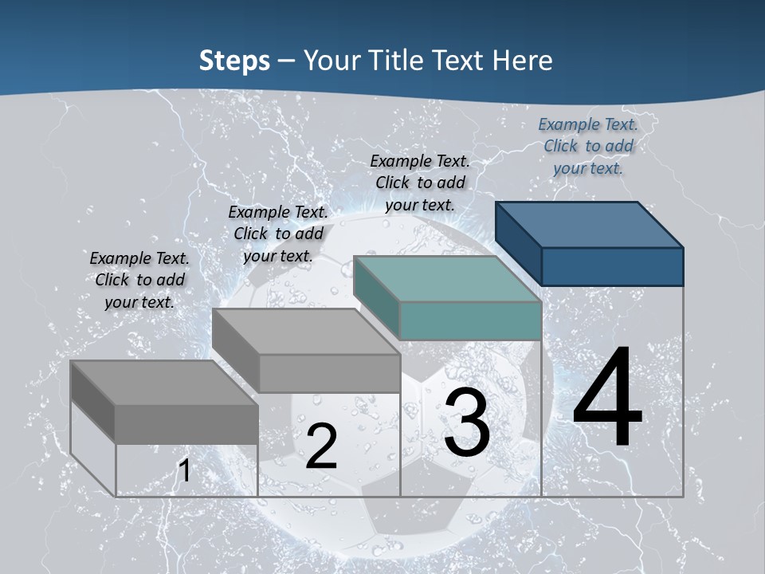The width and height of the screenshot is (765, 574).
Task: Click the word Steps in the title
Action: (233, 60)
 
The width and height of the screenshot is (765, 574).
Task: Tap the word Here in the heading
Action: (520, 60)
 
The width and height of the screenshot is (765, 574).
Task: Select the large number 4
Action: (607, 398)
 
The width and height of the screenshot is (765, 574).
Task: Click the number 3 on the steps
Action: (466, 423)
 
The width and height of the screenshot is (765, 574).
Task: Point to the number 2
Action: (321, 446)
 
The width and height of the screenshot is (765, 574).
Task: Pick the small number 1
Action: (184, 470)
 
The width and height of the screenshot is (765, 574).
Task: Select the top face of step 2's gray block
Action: (306, 332)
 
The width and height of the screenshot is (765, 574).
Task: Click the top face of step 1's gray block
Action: (164, 383)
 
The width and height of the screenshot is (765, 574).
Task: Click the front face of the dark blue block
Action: (612, 266)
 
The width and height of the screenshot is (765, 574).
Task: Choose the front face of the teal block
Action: (470, 321)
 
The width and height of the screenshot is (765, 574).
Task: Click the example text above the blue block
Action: (588, 146)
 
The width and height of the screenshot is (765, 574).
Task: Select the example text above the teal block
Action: (420, 183)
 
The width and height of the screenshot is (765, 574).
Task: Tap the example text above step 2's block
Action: (278, 234)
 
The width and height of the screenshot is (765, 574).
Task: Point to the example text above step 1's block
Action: (139, 280)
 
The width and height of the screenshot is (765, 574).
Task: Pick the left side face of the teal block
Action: (376, 297)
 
